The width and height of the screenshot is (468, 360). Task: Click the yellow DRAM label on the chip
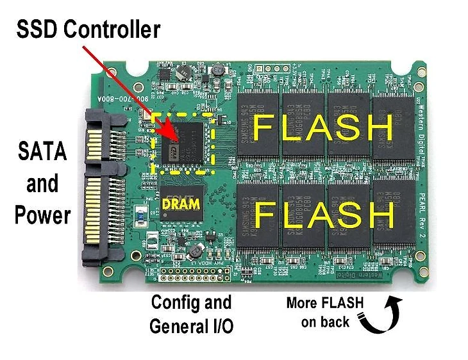(181, 204)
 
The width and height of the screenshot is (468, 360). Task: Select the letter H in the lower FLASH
(378, 215)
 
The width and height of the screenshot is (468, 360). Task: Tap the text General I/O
(191, 326)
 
